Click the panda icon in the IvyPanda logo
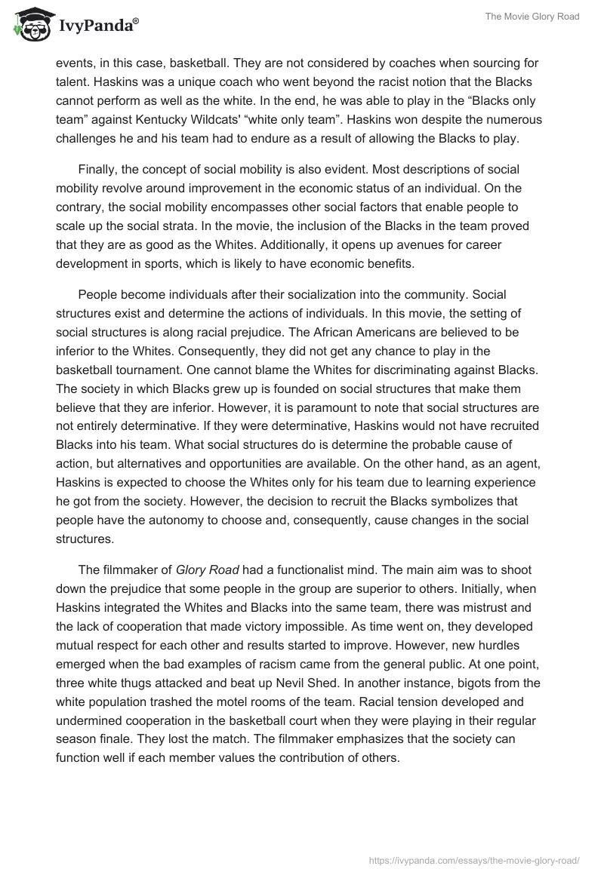click(30, 26)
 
